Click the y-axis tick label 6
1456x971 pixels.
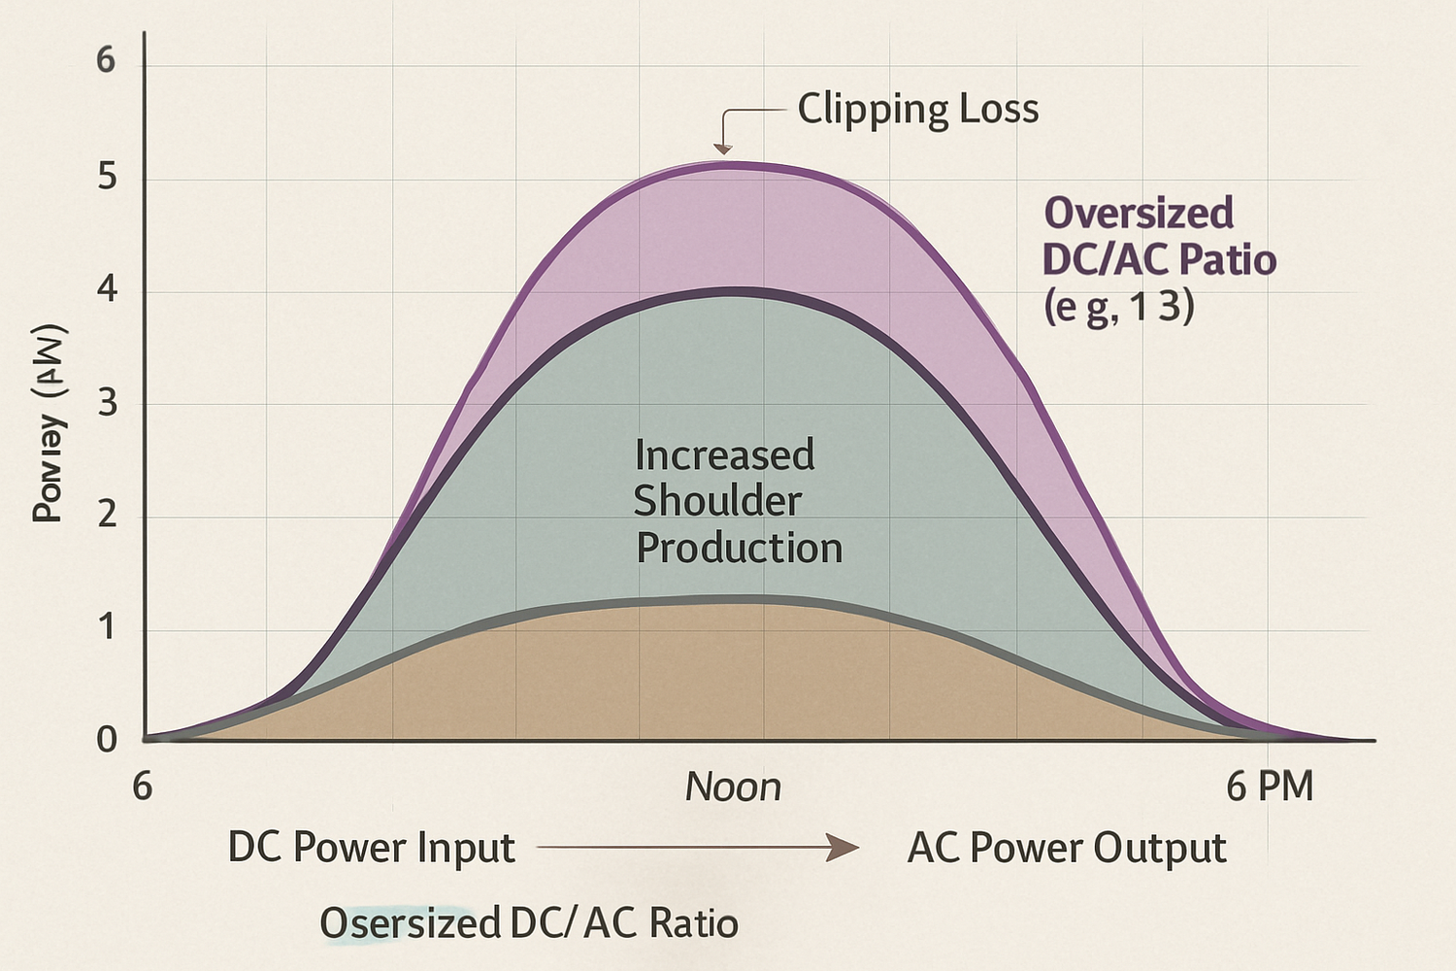coord(106,61)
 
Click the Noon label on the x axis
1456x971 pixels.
coord(733,787)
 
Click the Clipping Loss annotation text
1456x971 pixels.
coord(917,109)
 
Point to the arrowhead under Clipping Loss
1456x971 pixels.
coord(722,149)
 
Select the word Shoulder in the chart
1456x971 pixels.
coord(717,501)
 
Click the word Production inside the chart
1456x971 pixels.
coord(739,549)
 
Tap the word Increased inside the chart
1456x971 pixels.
coord(724,454)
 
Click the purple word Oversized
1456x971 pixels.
coord(1138,213)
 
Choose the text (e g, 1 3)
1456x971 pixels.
coord(1119,307)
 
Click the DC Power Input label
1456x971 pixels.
coord(371,848)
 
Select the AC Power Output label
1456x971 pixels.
coord(1067,848)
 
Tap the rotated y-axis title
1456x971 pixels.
coord(49,423)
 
